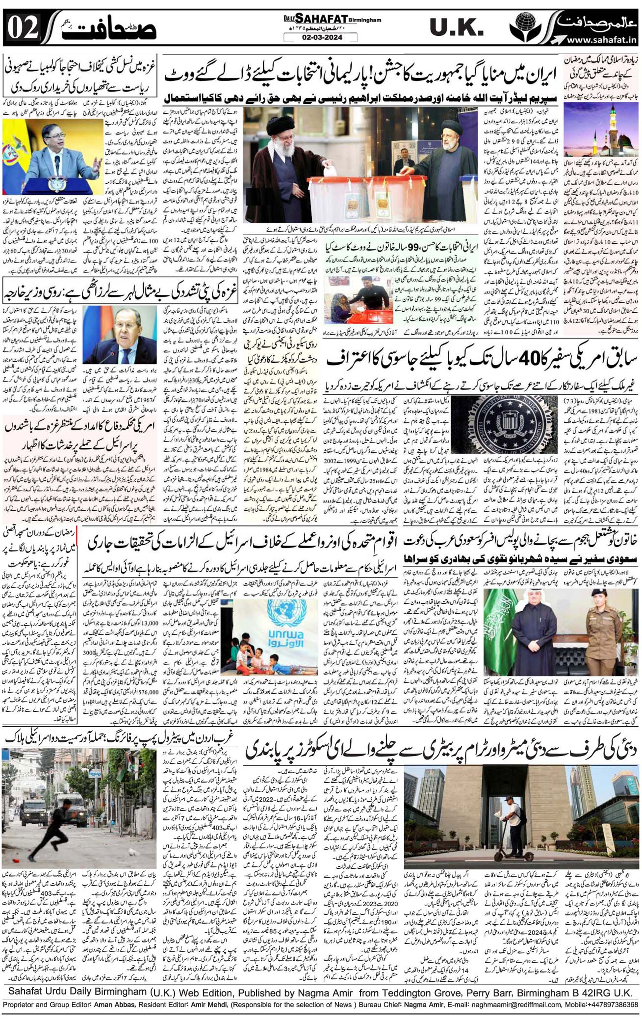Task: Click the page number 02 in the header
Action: click(x=23, y=28)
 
